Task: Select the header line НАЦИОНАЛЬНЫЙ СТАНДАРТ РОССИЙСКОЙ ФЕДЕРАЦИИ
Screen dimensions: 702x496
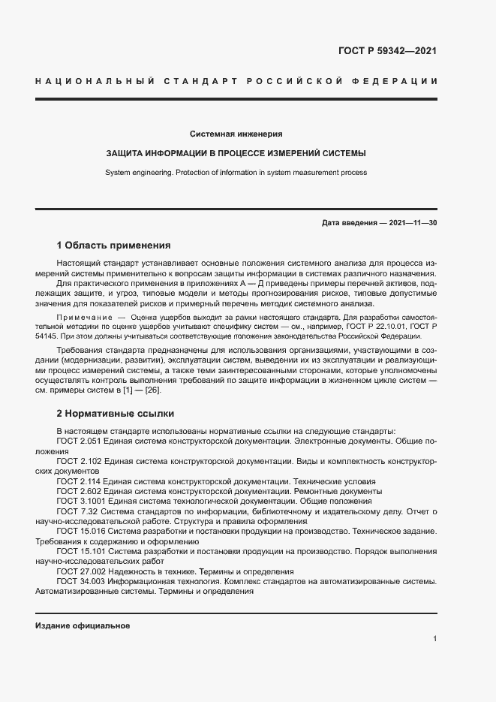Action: (236, 80)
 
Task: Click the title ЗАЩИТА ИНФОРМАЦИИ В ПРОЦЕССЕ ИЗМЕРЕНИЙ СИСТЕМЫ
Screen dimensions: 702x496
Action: (236, 153)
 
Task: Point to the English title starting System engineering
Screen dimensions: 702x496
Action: (236, 172)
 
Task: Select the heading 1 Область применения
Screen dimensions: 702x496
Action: (114, 246)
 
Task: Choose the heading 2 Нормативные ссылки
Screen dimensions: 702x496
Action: (115, 413)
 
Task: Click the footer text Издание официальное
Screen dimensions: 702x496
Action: (83, 625)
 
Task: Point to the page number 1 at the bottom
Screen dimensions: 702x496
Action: (434, 639)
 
